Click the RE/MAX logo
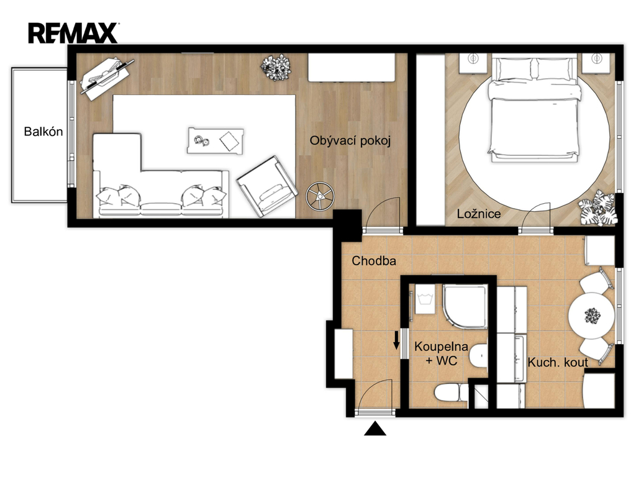(73, 33)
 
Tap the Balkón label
(43, 132)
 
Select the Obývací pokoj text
(350, 141)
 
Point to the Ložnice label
(479, 214)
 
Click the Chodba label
(373, 261)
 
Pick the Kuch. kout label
(558, 362)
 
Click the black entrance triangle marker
(375, 429)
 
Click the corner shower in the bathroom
(465, 306)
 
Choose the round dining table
(591, 316)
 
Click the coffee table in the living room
(216, 141)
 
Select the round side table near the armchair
(320, 196)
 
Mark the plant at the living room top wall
(276, 67)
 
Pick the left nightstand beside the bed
(473, 63)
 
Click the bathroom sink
(479, 356)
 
